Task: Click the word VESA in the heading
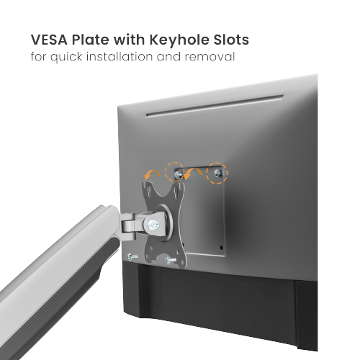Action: pyautogui.click(x=49, y=40)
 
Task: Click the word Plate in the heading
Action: pyautogui.click(x=90, y=40)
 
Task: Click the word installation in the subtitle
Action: pyautogui.click(x=120, y=57)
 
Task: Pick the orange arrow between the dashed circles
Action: pyautogui.click(x=193, y=171)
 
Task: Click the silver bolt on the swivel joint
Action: pyautogui.click(x=153, y=225)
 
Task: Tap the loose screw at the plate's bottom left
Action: pyautogui.click(x=132, y=257)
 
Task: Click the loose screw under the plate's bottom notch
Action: pyautogui.click(x=170, y=260)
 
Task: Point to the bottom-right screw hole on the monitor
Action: pyautogui.click(x=221, y=247)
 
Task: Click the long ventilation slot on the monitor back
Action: pyautogui.click(x=215, y=106)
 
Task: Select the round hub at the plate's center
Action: pyautogui.click(x=166, y=222)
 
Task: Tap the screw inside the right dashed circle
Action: pyautogui.click(x=217, y=173)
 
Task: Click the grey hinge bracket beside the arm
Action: pyautogui.click(x=129, y=225)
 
